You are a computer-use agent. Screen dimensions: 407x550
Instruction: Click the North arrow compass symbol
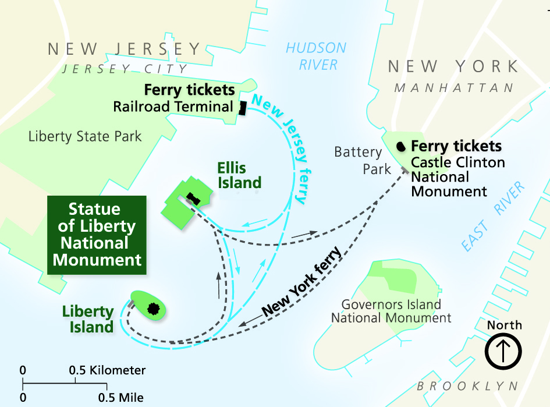(504, 351)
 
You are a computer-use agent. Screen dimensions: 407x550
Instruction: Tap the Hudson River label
(315, 56)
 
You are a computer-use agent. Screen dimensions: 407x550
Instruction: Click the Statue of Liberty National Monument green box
(97, 235)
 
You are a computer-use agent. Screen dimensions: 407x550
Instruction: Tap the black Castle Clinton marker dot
(401, 146)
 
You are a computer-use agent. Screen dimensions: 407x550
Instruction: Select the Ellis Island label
(239, 176)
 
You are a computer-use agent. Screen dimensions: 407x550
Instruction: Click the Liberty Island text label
(88, 319)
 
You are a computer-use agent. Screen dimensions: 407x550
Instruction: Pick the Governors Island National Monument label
(391, 312)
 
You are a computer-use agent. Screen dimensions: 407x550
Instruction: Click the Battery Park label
(358, 161)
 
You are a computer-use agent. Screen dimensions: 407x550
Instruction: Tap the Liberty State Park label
(85, 137)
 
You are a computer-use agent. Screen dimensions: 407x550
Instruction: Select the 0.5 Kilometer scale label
(108, 370)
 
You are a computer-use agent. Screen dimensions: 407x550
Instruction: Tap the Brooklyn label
(467, 386)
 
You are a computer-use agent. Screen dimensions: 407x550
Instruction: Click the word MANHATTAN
(455, 88)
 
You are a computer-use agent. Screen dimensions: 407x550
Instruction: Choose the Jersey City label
(125, 69)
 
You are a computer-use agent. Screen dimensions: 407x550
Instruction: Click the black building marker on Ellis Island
(193, 199)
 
